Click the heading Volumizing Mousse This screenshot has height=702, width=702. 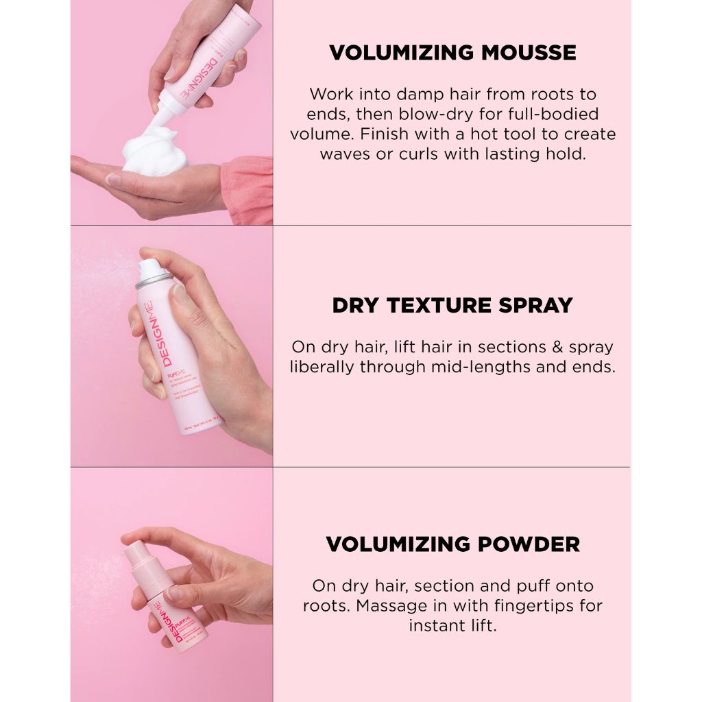pyautogui.click(x=452, y=53)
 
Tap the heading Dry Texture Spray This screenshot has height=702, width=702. pyautogui.click(x=452, y=305)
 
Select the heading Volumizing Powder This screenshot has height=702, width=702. pyautogui.click(x=452, y=544)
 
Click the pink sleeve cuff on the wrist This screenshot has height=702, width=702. pyautogui.click(x=247, y=189)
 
